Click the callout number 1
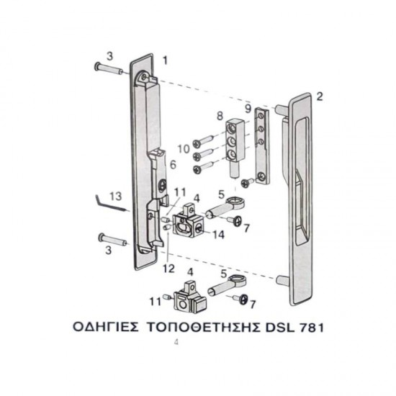(x=165, y=60)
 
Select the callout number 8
(x=220, y=115)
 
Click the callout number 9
(x=247, y=109)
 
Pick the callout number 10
(x=183, y=148)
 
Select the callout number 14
(x=218, y=234)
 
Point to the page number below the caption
(x=176, y=343)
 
